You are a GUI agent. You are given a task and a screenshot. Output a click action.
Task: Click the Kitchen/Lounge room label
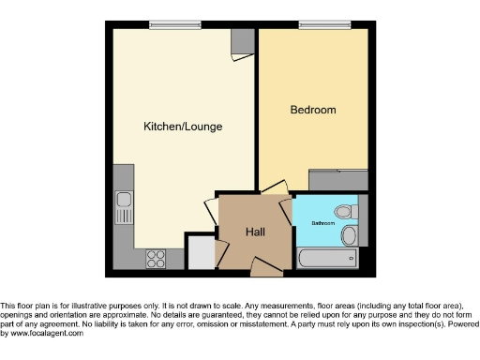click(182, 126)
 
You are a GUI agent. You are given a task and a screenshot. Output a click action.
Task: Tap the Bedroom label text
click(312, 111)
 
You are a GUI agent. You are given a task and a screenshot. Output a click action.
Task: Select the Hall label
click(255, 232)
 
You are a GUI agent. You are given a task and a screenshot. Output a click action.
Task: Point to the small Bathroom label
click(322, 223)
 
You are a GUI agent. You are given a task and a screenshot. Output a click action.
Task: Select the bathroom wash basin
click(349, 234)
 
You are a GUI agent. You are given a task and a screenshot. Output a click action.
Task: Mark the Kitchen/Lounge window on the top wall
click(174, 25)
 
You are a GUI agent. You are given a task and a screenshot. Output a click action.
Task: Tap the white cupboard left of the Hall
click(199, 252)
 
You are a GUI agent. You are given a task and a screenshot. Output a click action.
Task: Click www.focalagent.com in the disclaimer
click(44, 333)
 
